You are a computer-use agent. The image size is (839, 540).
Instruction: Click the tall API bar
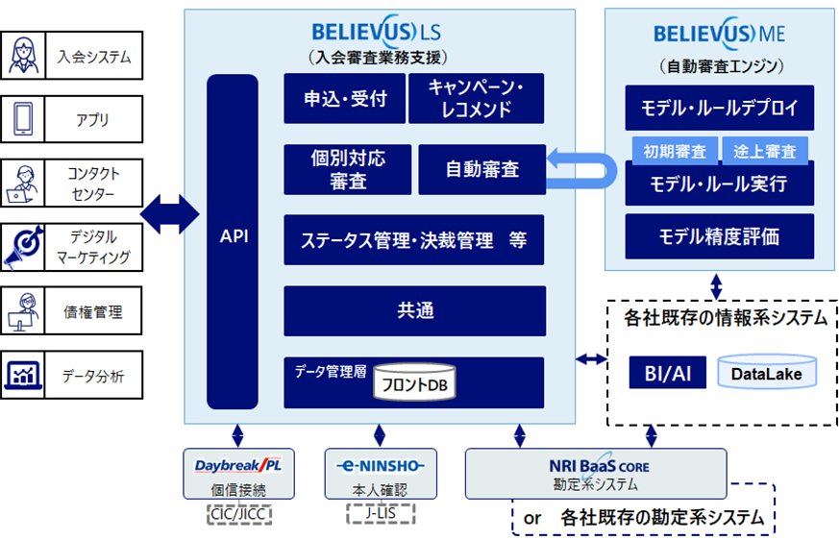[x=233, y=235]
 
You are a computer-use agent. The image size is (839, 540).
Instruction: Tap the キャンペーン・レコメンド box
[x=477, y=98]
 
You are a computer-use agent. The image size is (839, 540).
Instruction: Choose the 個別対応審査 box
[x=347, y=169]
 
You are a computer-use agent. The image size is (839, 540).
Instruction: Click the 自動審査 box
[x=481, y=169]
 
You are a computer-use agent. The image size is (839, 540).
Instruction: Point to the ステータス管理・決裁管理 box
[x=414, y=240]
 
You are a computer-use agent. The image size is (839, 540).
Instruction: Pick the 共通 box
[x=414, y=309]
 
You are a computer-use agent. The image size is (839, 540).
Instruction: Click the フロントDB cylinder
[x=414, y=383]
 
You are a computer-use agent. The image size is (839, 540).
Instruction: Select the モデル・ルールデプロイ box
[x=719, y=108]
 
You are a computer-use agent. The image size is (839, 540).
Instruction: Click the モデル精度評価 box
[x=719, y=235]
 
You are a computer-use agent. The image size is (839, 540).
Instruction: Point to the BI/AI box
[x=667, y=371]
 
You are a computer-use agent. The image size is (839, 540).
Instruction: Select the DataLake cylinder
[x=766, y=371]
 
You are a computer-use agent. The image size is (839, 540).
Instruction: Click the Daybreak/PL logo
[x=238, y=466]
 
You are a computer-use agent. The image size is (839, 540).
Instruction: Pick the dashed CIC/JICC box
[x=239, y=514]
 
